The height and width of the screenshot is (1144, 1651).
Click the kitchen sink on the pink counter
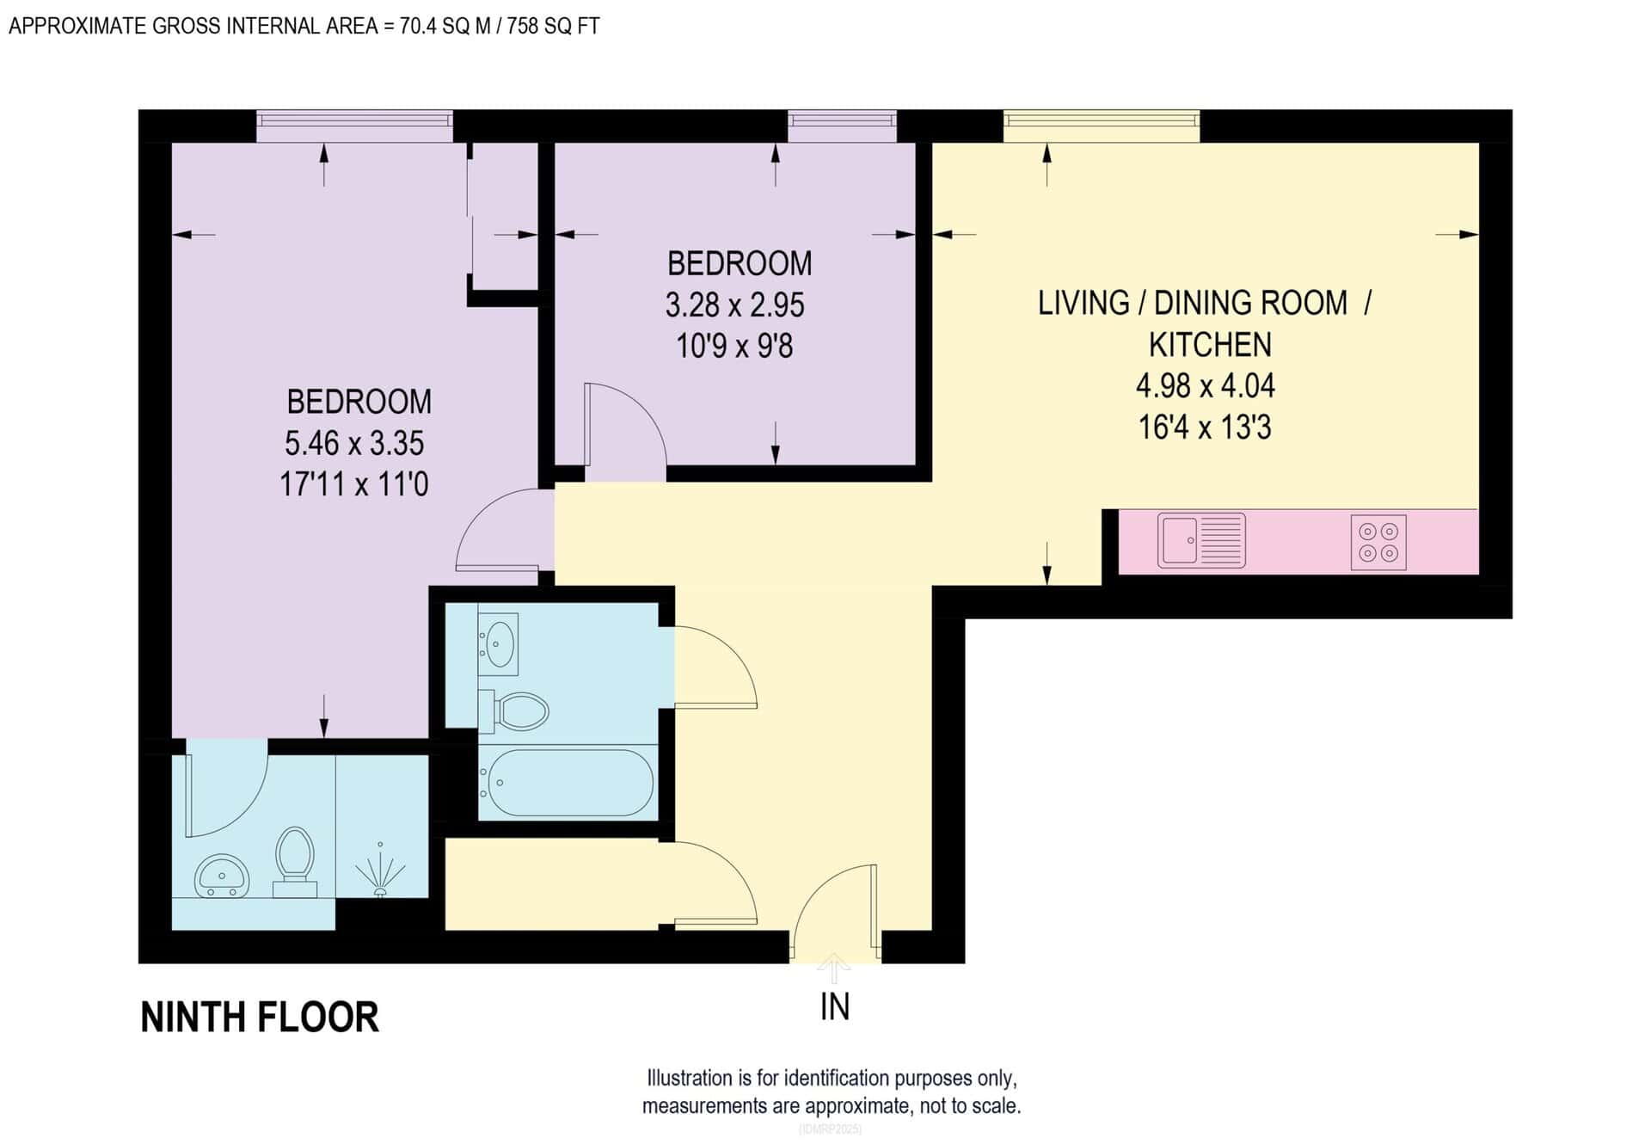click(1200, 540)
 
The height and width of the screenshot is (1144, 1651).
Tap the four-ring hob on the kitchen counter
click(1378, 542)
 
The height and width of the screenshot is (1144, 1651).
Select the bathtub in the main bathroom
click(567, 783)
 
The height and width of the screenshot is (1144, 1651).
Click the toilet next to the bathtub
click(516, 711)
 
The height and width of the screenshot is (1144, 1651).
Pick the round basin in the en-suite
click(222, 876)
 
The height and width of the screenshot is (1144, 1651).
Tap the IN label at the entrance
click(834, 1006)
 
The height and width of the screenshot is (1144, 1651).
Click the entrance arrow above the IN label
click(833, 969)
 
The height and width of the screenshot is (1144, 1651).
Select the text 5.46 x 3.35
click(354, 444)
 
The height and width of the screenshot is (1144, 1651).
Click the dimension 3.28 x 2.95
click(734, 304)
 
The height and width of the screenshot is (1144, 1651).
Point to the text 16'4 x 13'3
click(1204, 427)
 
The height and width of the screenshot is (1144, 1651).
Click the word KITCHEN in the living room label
click(1209, 345)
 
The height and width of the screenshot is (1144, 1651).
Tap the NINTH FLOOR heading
click(260, 1017)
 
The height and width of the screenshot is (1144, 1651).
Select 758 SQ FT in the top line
click(553, 27)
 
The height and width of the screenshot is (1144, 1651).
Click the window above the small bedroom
click(842, 126)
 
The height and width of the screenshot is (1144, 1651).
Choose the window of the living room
click(1101, 126)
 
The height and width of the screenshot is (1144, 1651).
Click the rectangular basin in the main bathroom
click(499, 643)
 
